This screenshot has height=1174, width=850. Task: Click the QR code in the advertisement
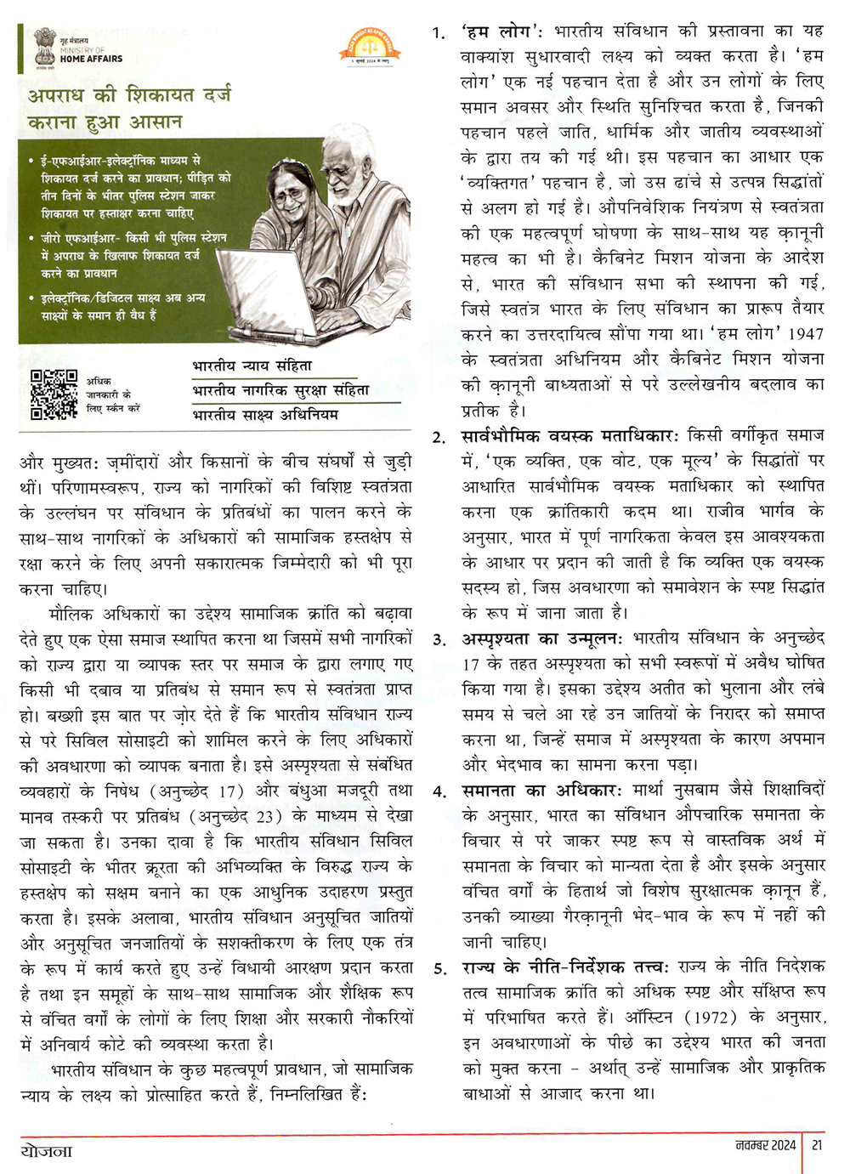(54, 394)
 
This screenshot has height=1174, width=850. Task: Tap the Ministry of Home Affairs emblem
(45, 48)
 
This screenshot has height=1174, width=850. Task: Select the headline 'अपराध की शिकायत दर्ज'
(129, 94)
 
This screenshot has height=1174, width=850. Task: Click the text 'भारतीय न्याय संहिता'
(252, 366)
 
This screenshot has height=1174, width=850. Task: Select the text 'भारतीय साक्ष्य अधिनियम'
(265, 414)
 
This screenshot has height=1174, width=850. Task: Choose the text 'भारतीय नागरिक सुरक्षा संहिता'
(280, 390)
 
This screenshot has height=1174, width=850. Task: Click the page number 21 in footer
(817, 1145)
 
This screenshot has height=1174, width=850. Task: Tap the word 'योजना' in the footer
(47, 1151)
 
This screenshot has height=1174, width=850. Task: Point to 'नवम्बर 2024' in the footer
(766, 1145)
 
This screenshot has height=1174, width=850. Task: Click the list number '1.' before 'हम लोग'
(438, 33)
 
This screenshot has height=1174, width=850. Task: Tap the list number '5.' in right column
(439, 968)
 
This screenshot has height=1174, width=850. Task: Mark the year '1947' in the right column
(806, 334)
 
